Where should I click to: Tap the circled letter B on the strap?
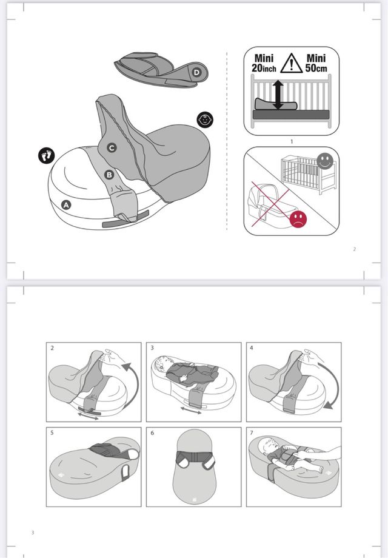pyautogui.click(x=110, y=175)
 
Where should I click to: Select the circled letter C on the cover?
pyautogui.click(x=112, y=147)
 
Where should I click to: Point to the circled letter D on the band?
pyautogui.click(x=196, y=73)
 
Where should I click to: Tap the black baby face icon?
pyautogui.click(x=206, y=119)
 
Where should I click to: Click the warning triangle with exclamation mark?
pyautogui.click(x=292, y=62)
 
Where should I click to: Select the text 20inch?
pyautogui.click(x=264, y=69)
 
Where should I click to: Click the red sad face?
pyautogui.click(x=298, y=219)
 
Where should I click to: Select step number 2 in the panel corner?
pyautogui.click(x=53, y=348)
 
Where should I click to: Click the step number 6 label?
pyautogui.click(x=152, y=433)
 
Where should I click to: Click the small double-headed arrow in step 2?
pyautogui.click(x=89, y=417)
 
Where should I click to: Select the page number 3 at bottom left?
pyautogui.click(x=32, y=533)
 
